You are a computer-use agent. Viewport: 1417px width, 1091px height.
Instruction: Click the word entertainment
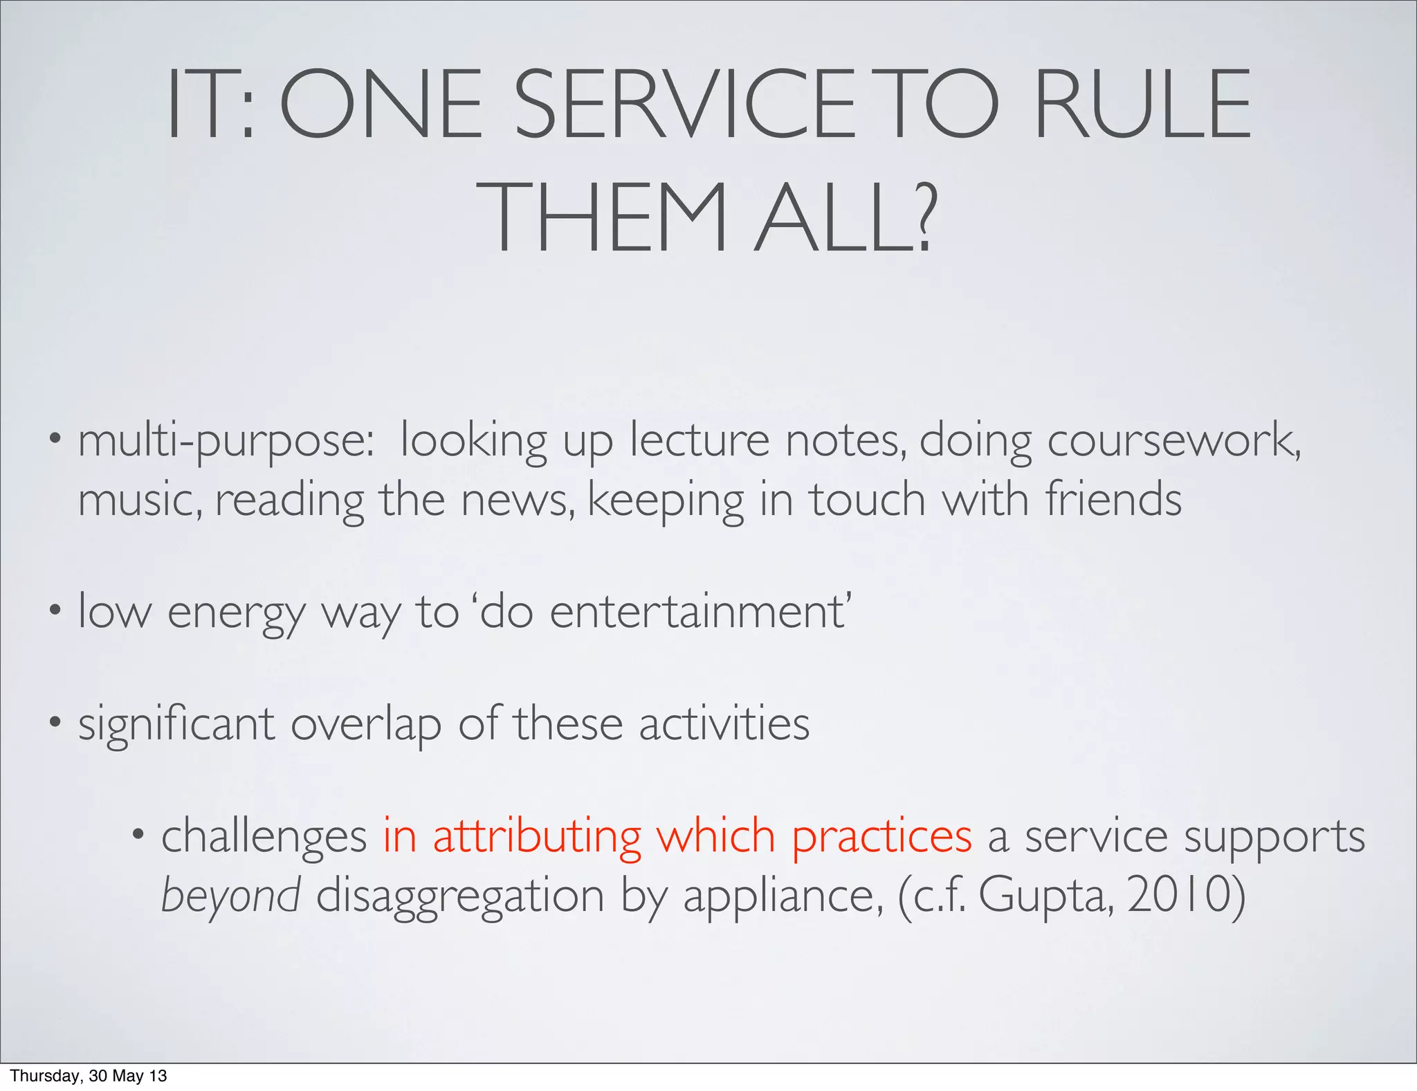pyautogui.click(x=699, y=612)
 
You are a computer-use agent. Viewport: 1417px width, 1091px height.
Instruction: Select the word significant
pyautogui.click(x=176, y=725)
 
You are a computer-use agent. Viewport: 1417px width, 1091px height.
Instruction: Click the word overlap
pyautogui.click(x=365, y=725)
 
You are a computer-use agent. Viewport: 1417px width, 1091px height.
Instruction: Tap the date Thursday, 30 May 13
pyautogui.click(x=89, y=1076)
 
